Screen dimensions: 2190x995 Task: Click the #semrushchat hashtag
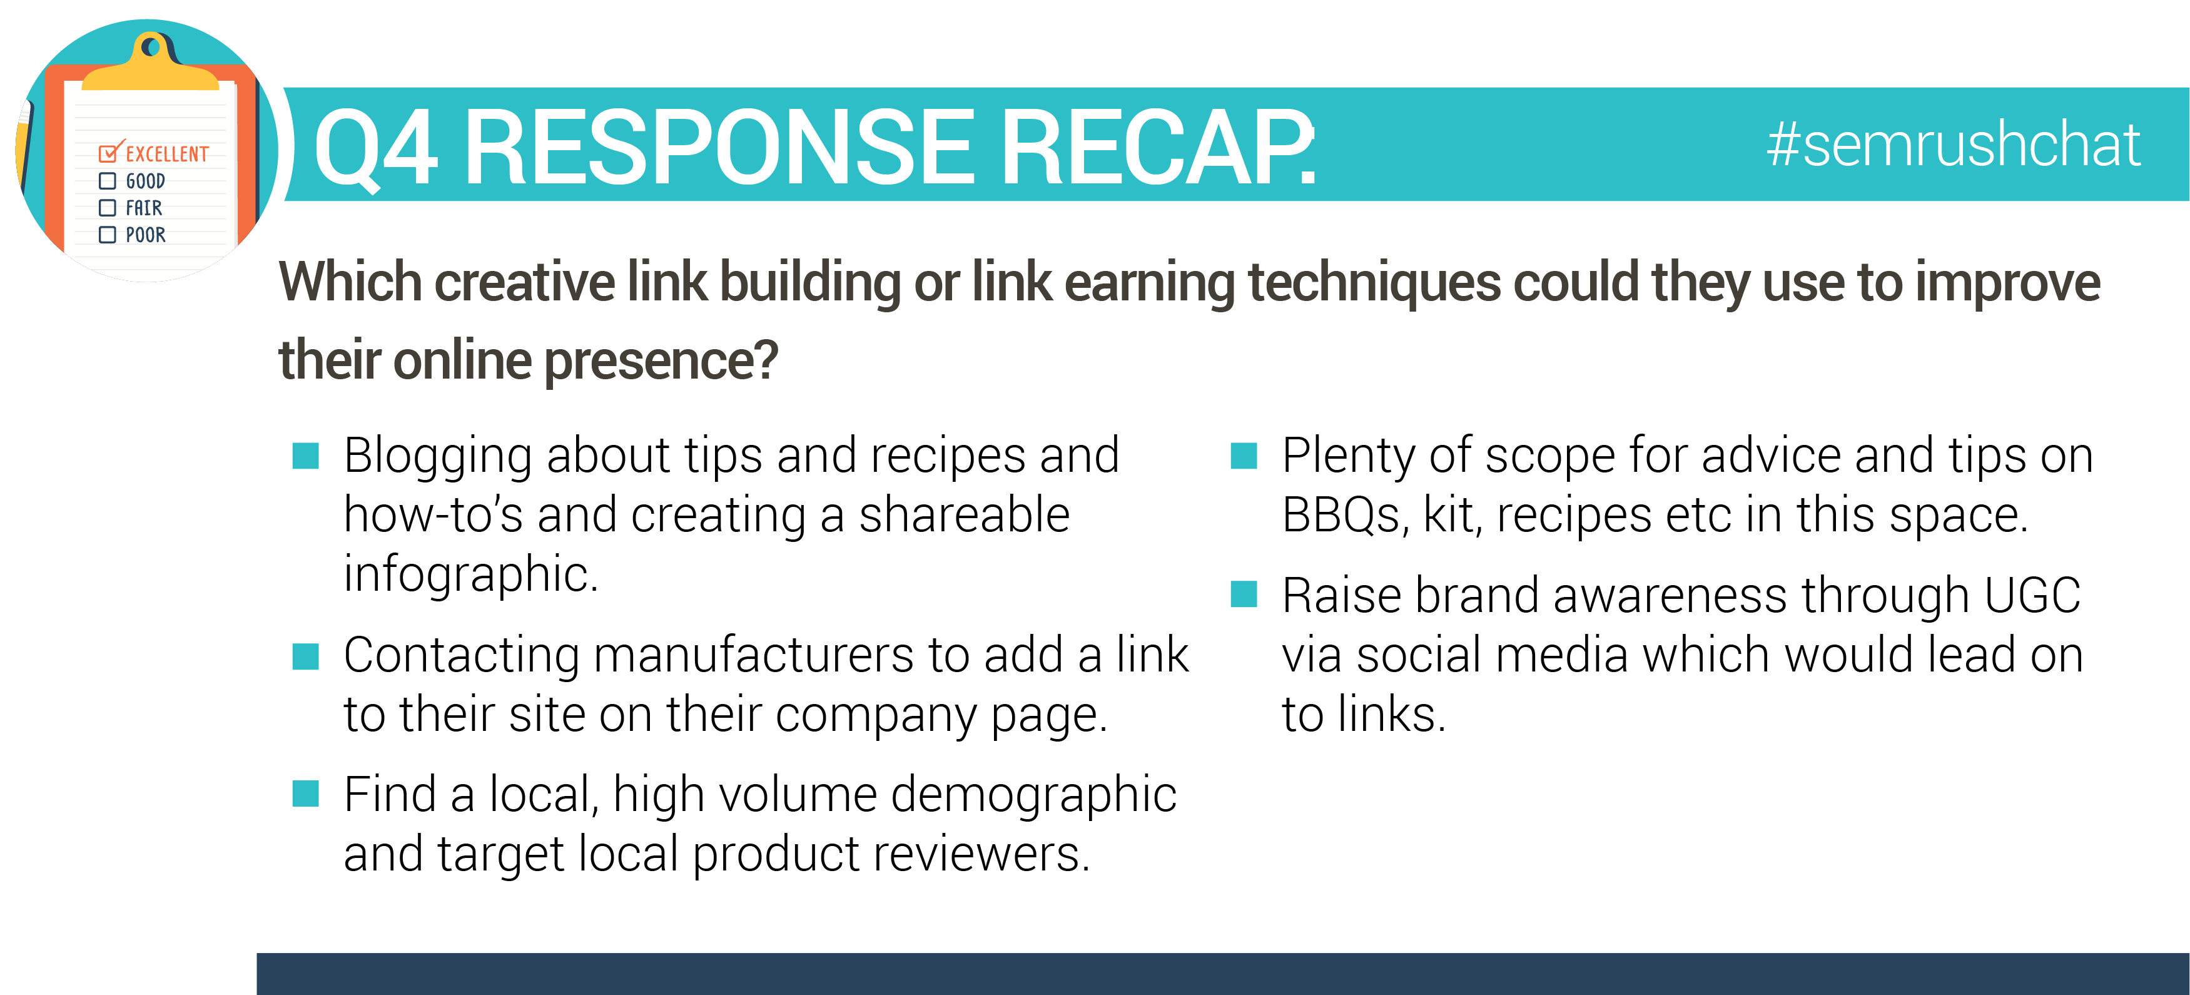coord(1953,145)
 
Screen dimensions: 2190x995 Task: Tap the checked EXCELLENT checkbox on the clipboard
coord(109,153)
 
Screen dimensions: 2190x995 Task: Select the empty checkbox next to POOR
coord(107,235)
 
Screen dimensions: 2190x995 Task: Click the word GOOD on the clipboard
coord(145,181)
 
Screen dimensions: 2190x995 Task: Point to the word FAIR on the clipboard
coord(144,208)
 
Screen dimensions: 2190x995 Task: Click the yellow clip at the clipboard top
coord(151,64)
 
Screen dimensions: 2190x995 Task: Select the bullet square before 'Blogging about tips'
coord(305,456)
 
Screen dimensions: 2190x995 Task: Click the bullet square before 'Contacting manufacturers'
coord(305,656)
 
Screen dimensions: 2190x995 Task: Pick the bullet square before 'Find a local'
coord(305,793)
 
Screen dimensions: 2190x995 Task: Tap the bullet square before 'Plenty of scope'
coord(1244,456)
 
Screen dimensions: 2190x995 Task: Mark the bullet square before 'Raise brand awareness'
coord(1244,594)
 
